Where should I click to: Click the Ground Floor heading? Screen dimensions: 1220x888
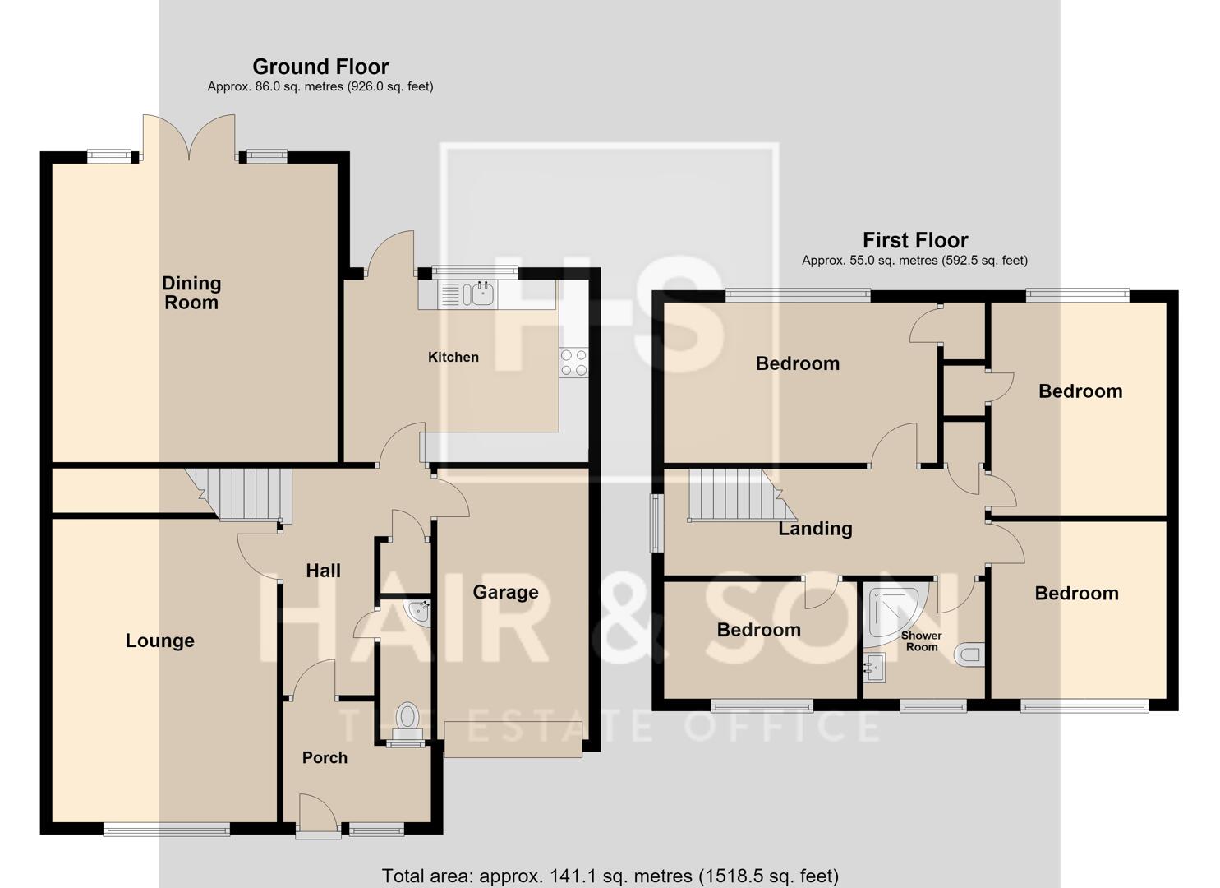tap(320, 67)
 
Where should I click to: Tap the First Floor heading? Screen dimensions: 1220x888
tap(915, 240)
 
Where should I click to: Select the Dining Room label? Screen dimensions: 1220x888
tap(191, 293)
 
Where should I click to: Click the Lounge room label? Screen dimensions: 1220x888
tap(159, 640)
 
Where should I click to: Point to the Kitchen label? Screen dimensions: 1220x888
tap(453, 357)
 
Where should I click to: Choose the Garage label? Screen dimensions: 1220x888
tap(505, 592)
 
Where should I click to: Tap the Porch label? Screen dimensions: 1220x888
tap(325, 757)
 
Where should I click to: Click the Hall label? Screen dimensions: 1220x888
tap(323, 571)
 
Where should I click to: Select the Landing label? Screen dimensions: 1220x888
tap(815, 528)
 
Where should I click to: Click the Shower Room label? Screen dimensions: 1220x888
tap(921, 641)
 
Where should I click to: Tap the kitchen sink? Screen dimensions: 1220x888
tap(467, 294)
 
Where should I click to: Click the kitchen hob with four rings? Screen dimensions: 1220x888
tap(574, 363)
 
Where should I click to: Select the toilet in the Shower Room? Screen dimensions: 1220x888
tap(969, 654)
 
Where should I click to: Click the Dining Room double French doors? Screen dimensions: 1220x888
tap(189, 137)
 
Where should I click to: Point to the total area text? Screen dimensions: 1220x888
tap(610, 876)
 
